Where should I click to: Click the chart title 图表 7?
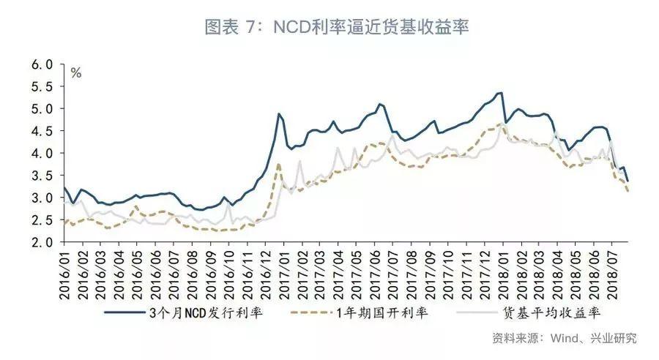tap(336, 28)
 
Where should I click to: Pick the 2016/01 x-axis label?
tap(64, 274)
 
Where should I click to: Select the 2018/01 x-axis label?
tap(502, 274)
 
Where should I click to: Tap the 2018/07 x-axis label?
tap(612, 274)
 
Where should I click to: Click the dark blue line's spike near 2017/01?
tap(279, 114)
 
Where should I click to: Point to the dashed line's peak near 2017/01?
tap(278, 164)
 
